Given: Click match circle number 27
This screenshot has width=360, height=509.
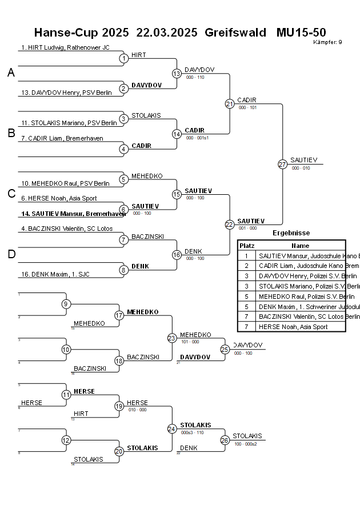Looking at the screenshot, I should click(282, 164).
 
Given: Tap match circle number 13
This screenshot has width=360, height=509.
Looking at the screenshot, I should click(177, 73).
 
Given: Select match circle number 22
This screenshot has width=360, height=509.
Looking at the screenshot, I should click(229, 225).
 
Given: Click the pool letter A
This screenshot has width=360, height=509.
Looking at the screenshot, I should click(11, 73).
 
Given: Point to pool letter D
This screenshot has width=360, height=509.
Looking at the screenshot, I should click(11, 254).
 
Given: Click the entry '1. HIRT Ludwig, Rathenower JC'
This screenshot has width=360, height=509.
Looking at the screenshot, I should click(65, 47).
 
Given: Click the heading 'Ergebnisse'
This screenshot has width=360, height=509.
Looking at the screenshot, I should click(291, 233).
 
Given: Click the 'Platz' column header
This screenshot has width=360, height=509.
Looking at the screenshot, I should click(246, 245).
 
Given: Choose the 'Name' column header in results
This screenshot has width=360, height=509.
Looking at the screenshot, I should click(300, 245).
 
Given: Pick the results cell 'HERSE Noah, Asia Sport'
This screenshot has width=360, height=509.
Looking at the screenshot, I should click(293, 327).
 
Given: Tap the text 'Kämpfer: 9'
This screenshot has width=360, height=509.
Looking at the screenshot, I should click(328, 42).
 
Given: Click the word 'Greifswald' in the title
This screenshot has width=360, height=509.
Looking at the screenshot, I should click(235, 32).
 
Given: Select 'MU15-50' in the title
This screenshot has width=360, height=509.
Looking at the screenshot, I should click(301, 32).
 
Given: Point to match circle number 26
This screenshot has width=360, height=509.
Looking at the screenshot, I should click(225, 440).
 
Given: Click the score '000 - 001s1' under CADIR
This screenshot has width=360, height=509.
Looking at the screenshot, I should click(197, 138).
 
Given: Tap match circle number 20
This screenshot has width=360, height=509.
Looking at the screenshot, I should click(119, 451).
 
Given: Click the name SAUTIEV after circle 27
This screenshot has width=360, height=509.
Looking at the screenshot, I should click(303, 160).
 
